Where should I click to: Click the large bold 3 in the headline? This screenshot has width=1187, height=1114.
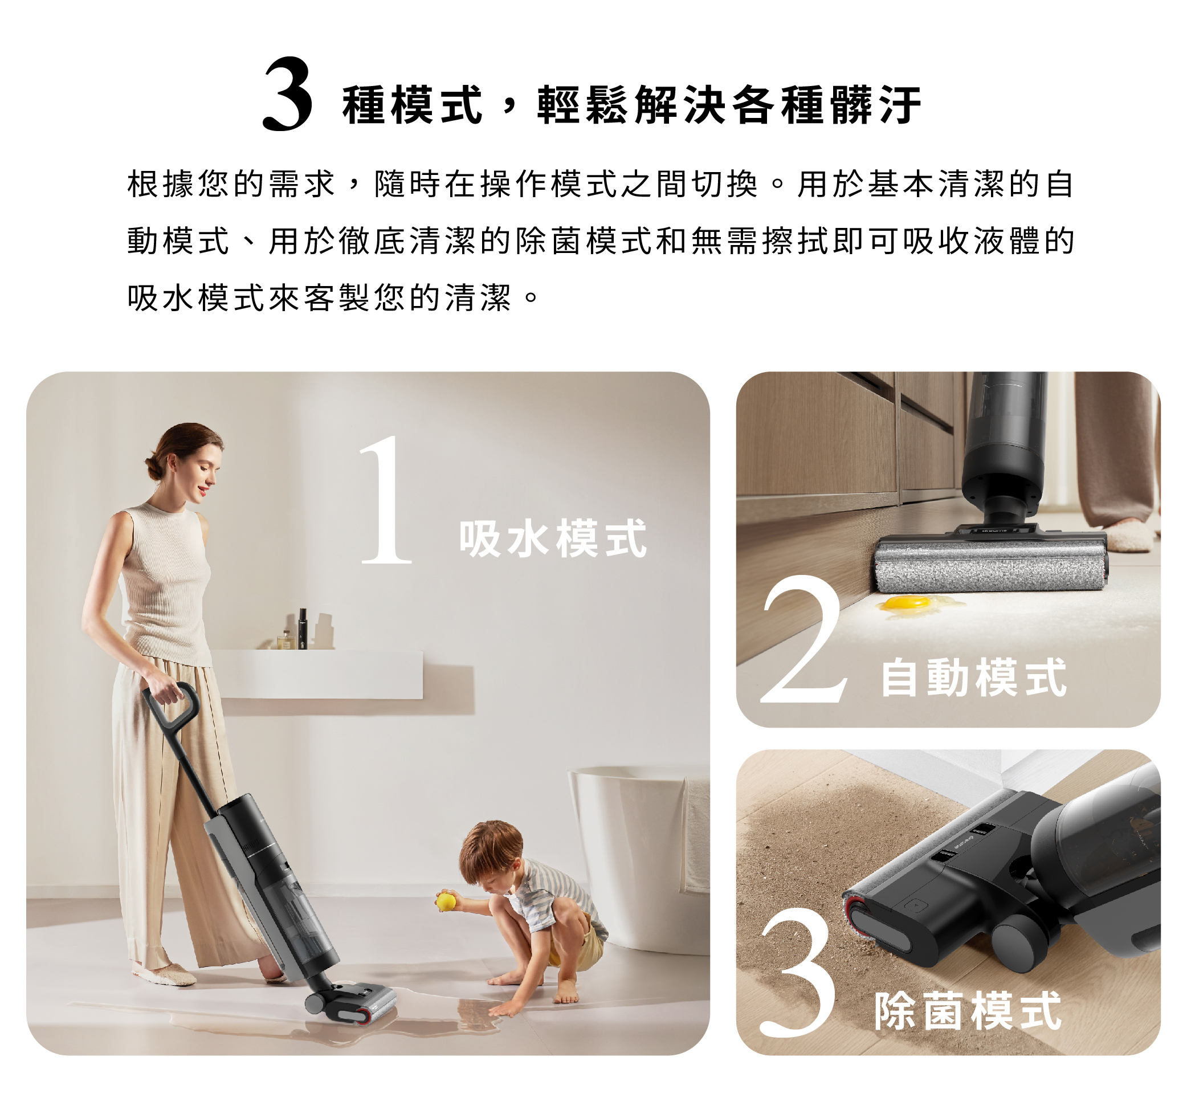pos(287,95)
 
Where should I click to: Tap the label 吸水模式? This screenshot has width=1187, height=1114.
pos(552,538)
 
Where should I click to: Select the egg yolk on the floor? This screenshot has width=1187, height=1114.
pos(902,602)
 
